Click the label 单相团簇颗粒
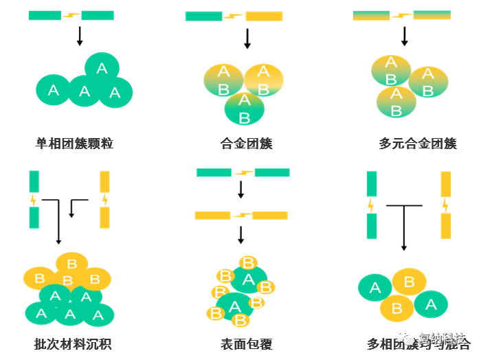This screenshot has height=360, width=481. point(74,144)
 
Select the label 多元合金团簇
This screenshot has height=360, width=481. point(418,144)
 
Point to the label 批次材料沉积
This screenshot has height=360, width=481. point(73,344)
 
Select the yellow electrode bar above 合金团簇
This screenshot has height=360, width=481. point(264,16)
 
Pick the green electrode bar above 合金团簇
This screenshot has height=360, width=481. point(203,16)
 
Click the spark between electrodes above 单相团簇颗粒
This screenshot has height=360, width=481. point(71,15)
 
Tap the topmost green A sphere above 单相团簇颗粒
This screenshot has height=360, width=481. point(102,67)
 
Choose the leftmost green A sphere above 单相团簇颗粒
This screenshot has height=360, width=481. point(53,89)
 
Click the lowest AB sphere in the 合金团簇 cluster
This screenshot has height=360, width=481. point(244,109)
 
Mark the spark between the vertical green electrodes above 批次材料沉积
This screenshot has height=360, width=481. point(34,200)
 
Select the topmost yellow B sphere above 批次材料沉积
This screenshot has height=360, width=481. point(72,263)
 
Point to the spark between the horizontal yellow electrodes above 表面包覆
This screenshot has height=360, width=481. point(241,216)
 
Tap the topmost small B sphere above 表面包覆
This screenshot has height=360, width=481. point(248,262)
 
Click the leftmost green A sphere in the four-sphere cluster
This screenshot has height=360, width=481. point(374,288)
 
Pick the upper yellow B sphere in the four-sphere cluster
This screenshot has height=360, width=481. point(410,282)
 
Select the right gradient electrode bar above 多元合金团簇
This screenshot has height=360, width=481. point(432,15)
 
